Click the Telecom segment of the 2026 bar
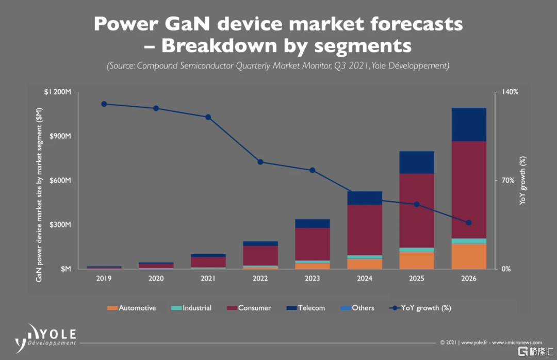click(469, 124)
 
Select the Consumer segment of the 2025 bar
click(417, 210)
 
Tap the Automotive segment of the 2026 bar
click(469, 256)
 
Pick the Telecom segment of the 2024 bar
click(365, 198)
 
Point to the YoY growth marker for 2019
click(104, 104)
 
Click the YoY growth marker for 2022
click(260, 162)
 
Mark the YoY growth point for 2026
click(469, 223)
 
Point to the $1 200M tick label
click(58, 92)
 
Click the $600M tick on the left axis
click(60, 181)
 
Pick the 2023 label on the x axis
click(313, 279)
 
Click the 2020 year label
click(156, 279)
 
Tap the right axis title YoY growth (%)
click(522, 180)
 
